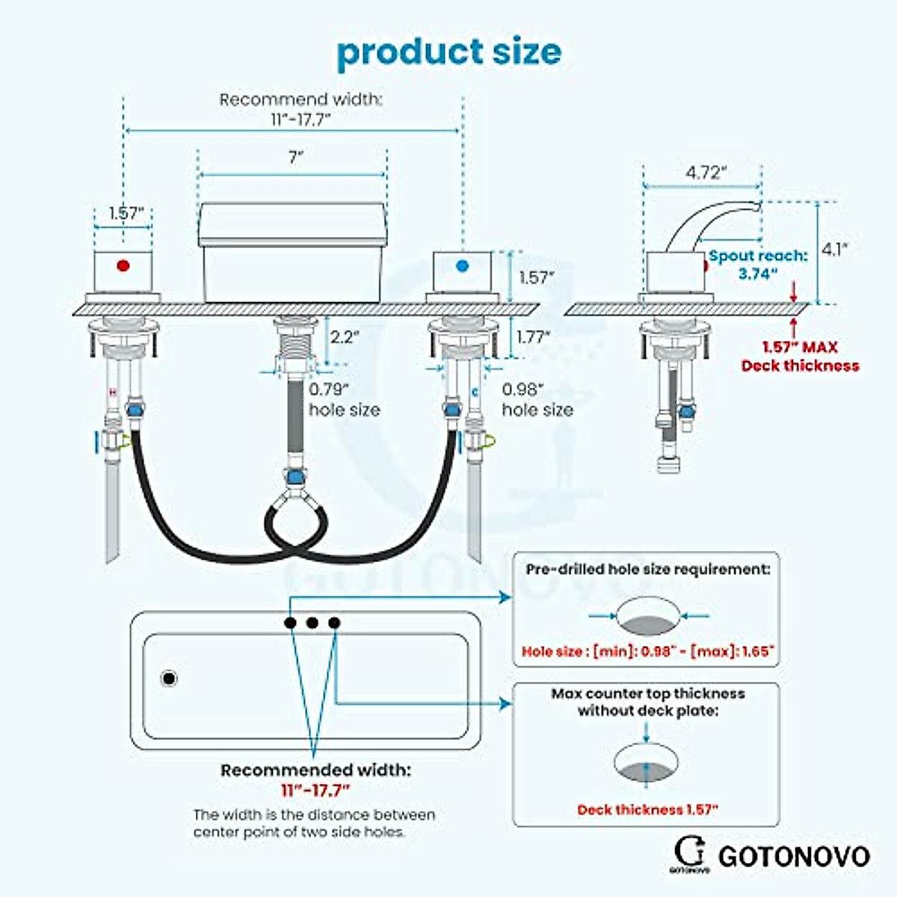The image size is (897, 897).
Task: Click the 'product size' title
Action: pos(449,52)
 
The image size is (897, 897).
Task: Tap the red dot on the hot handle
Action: pos(124,265)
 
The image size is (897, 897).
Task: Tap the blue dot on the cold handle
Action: pos(462,265)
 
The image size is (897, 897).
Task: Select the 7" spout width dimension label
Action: pos(296,157)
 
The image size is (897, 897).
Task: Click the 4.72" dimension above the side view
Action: pos(703,173)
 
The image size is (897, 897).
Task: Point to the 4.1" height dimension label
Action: pos(836,250)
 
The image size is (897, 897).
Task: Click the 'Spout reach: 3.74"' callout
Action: pos(757,265)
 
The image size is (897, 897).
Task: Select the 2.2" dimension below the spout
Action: pos(345,337)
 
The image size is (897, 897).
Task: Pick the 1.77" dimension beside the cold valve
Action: pos(533,337)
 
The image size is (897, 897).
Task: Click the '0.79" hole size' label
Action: pos(344,399)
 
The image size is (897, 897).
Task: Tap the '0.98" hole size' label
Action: pos(537,399)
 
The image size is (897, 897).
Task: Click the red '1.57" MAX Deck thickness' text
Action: pos(800,357)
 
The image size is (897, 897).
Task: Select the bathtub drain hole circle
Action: pos(169,679)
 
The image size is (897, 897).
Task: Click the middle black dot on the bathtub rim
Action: pos(312,623)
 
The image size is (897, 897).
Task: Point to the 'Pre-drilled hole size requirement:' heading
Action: pos(647,570)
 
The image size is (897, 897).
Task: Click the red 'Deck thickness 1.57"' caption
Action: pos(647,810)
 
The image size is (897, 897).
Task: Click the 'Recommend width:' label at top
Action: pos(300,99)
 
